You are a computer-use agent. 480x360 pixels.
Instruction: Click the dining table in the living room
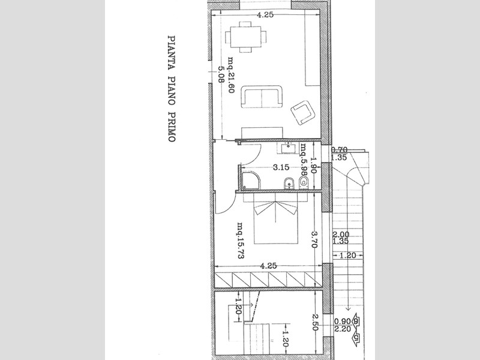245,35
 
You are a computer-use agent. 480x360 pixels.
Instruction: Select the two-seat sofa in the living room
261,97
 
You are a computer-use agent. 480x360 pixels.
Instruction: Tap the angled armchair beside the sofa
302,112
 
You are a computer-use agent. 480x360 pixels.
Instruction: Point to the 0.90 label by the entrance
342,320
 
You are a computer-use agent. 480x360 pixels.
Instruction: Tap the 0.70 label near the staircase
340,150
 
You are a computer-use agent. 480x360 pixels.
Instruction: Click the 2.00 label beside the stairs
340,235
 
